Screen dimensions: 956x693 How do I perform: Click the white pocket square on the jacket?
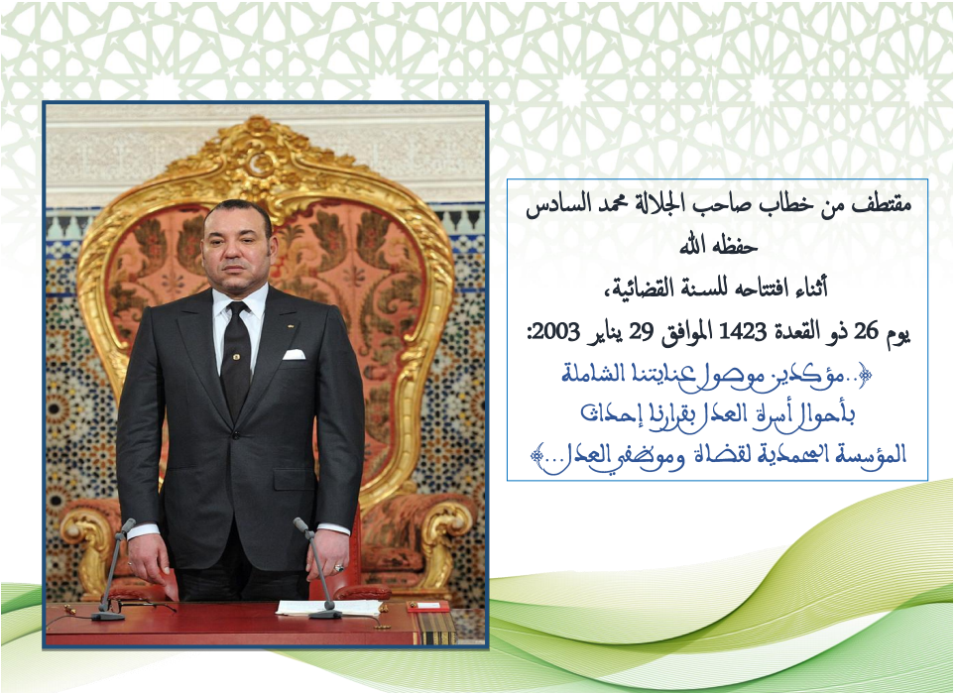click(x=294, y=354)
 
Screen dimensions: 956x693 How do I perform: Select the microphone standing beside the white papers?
click(x=317, y=567)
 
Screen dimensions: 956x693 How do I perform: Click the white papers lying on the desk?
click(x=329, y=607)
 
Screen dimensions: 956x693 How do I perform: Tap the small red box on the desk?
click(x=427, y=606)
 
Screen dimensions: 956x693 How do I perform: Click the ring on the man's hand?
click(x=339, y=568)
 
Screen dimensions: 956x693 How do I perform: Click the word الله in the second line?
click(x=694, y=246)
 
